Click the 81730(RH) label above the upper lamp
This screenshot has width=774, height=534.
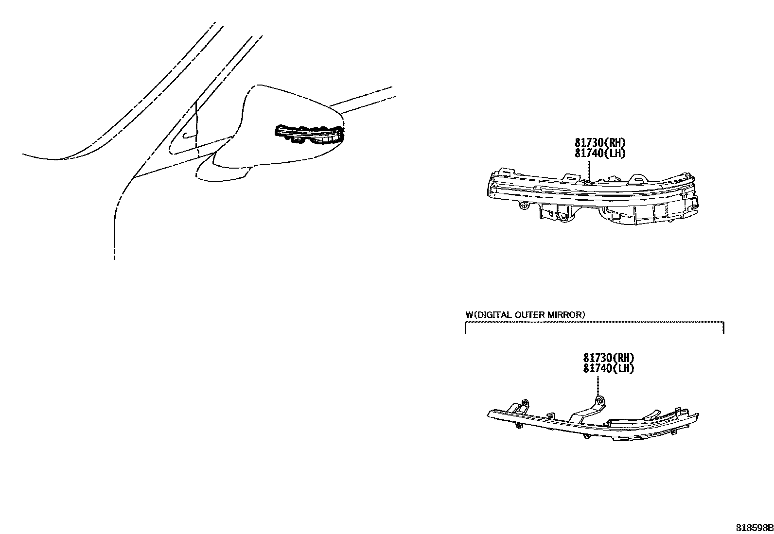(x=600, y=143)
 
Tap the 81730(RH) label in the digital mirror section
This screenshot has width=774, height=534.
(x=609, y=358)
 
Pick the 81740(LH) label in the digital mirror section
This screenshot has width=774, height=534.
(x=609, y=368)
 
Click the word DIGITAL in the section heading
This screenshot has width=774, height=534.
(x=493, y=315)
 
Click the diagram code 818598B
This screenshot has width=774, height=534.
(x=754, y=528)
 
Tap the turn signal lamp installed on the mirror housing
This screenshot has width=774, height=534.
(x=309, y=135)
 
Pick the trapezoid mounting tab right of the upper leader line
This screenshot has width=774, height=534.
(x=637, y=178)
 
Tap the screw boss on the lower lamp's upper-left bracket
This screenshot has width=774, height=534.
(x=525, y=403)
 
